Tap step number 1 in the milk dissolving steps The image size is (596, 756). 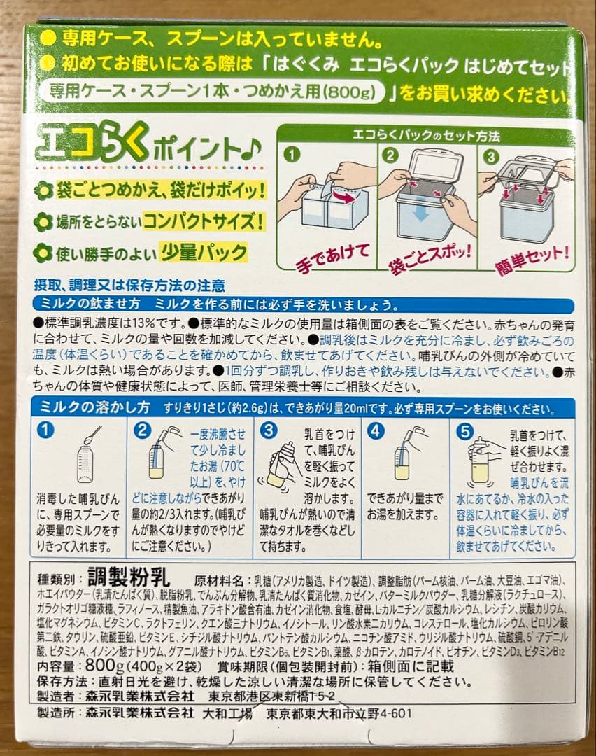coord(47,432)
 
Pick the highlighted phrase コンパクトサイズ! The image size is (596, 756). coord(204,222)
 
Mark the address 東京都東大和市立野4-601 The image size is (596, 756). coord(338,713)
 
